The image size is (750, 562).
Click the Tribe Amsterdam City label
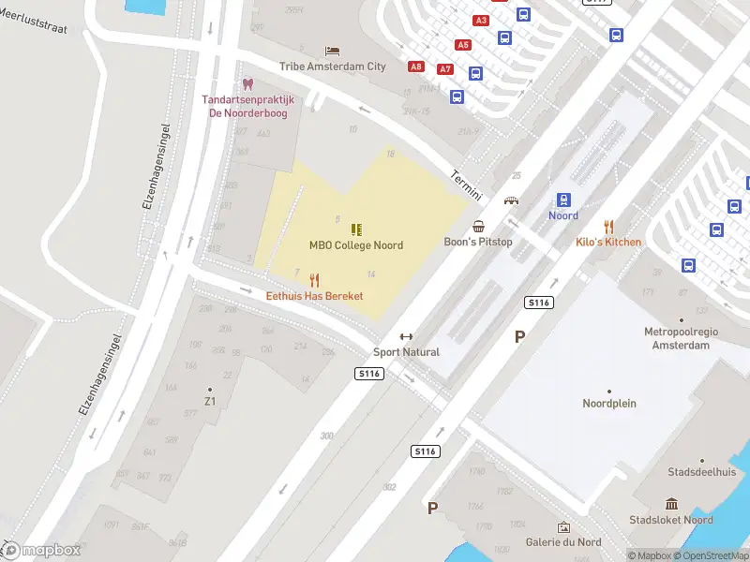[332, 67]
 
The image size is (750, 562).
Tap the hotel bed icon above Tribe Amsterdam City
[332, 51]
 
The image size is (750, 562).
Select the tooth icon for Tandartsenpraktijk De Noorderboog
[248, 84]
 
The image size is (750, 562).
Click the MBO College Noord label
[356, 245]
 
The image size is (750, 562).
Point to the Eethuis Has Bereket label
[315, 296]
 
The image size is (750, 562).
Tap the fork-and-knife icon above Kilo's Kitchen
[608, 226]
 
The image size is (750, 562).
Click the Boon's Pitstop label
[478, 242]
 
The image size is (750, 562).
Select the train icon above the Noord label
[563, 200]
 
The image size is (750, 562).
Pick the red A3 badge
[482, 20]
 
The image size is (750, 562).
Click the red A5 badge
[462, 45]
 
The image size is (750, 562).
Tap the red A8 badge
[416, 67]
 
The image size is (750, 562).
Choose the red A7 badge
[445, 69]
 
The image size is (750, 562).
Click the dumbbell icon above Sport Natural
[406, 337]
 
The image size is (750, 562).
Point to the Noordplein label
[609, 404]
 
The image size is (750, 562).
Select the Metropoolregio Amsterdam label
[677, 338]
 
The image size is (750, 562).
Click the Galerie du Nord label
[563, 542]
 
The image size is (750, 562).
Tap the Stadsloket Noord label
[671, 520]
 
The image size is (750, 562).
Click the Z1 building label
[210, 402]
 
